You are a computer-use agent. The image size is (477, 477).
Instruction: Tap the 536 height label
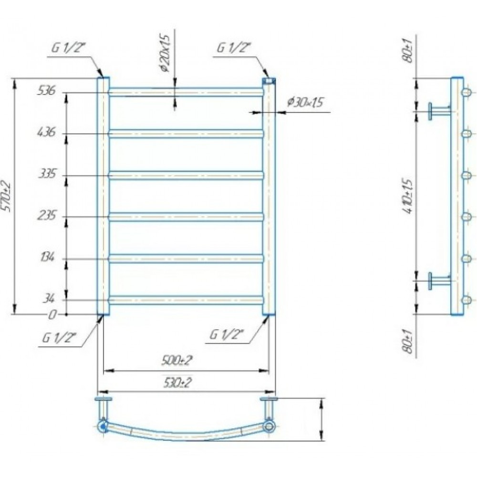(x=47, y=90)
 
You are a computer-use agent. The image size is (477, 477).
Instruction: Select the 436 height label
(x=46, y=132)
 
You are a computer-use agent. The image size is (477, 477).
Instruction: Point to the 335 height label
(x=47, y=174)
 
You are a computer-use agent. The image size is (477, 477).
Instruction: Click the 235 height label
(x=47, y=216)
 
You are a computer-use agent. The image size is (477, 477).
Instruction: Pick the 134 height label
(x=47, y=258)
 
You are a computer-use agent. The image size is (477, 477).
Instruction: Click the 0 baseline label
(x=52, y=314)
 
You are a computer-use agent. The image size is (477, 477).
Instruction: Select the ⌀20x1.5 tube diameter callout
(x=166, y=53)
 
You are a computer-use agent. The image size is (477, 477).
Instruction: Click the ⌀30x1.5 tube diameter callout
(x=305, y=102)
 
